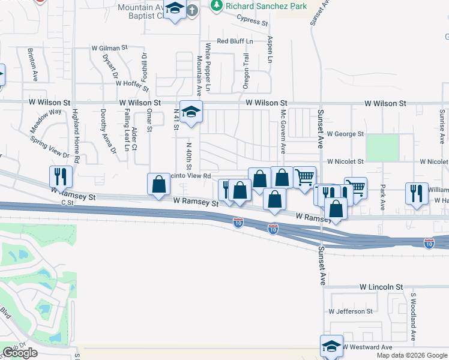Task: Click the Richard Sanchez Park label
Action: pyautogui.click(x=266, y=6)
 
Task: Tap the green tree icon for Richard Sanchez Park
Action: pyautogui.click(x=217, y=6)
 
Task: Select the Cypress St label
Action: pyautogui.click(x=252, y=22)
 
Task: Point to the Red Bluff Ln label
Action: pyautogui.click(x=235, y=41)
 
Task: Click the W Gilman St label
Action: pyautogui.click(x=110, y=47)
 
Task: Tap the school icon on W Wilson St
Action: pyautogui.click(x=191, y=112)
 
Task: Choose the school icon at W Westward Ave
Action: pyautogui.click(x=331, y=346)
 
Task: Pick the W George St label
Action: pyautogui.click(x=345, y=134)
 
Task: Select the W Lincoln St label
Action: pyautogui.click(x=381, y=288)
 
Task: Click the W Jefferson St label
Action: pyautogui.click(x=350, y=311)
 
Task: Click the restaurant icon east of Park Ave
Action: pyautogui.click(x=417, y=193)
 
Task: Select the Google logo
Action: pyautogui.click(x=20, y=353)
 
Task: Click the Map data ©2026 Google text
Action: pyautogui.click(x=412, y=355)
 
